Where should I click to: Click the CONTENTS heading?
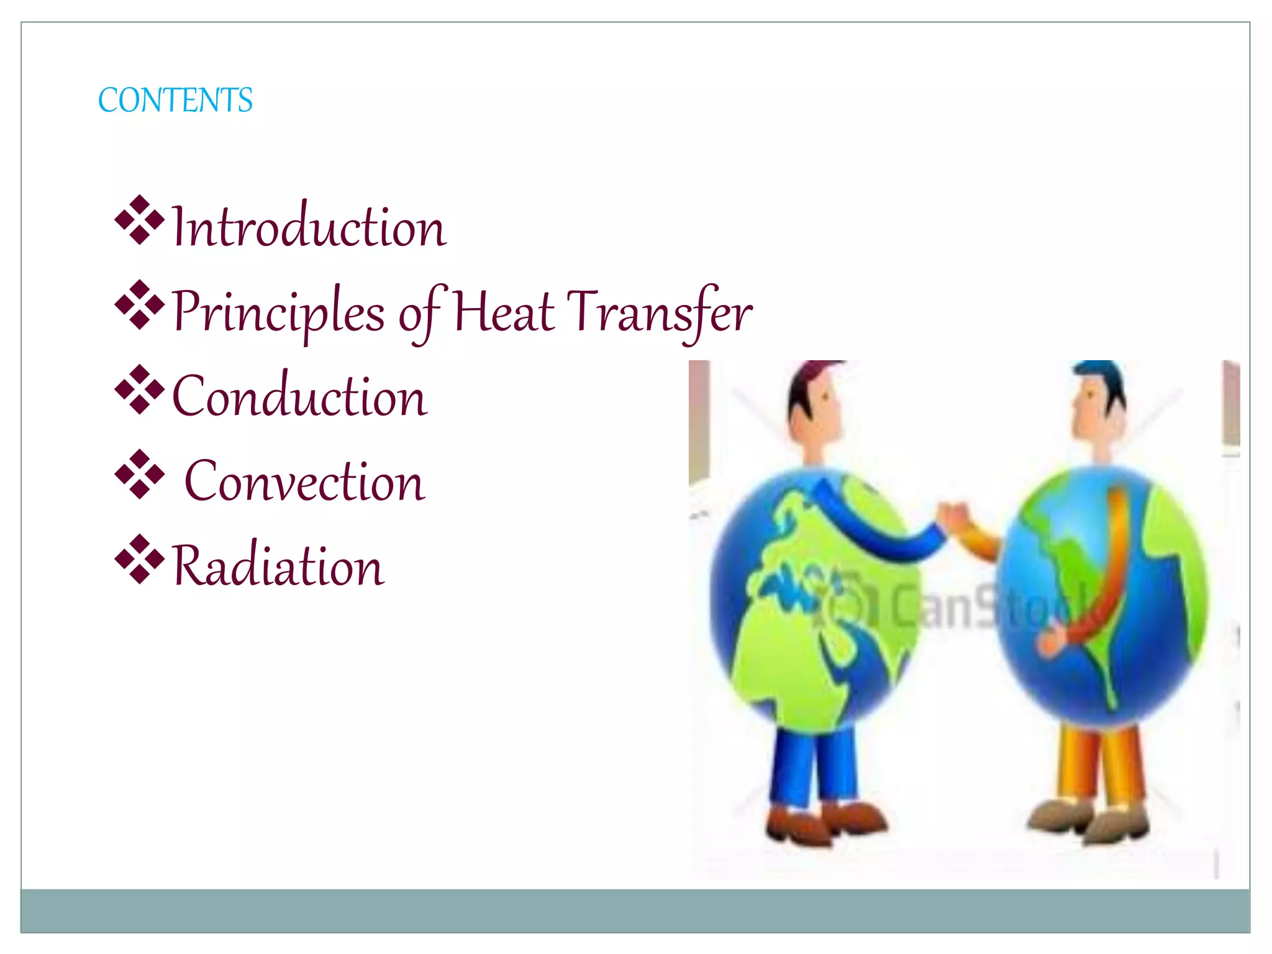(x=175, y=101)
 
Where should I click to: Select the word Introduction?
(x=309, y=227)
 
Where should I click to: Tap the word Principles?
(x=278, y=312)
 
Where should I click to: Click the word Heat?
(x=504, y=312)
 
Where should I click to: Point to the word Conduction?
(x=299, y=396)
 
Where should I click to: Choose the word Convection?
(x=304, y=481)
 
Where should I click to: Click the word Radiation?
(x=278, y=566)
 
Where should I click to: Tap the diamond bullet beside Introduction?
(x=140, y=220)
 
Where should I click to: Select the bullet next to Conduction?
(x=140, y=389)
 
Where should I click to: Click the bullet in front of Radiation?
(x=140, y=559)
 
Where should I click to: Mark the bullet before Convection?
(x=140, y=475)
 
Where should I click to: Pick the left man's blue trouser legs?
(x=814, y=767)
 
